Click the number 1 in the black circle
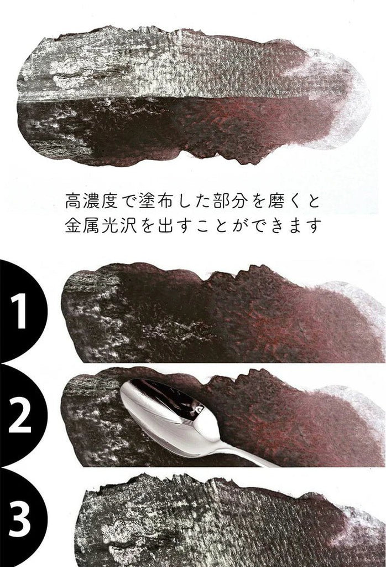(20, 312)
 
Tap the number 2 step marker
(20, 416)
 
